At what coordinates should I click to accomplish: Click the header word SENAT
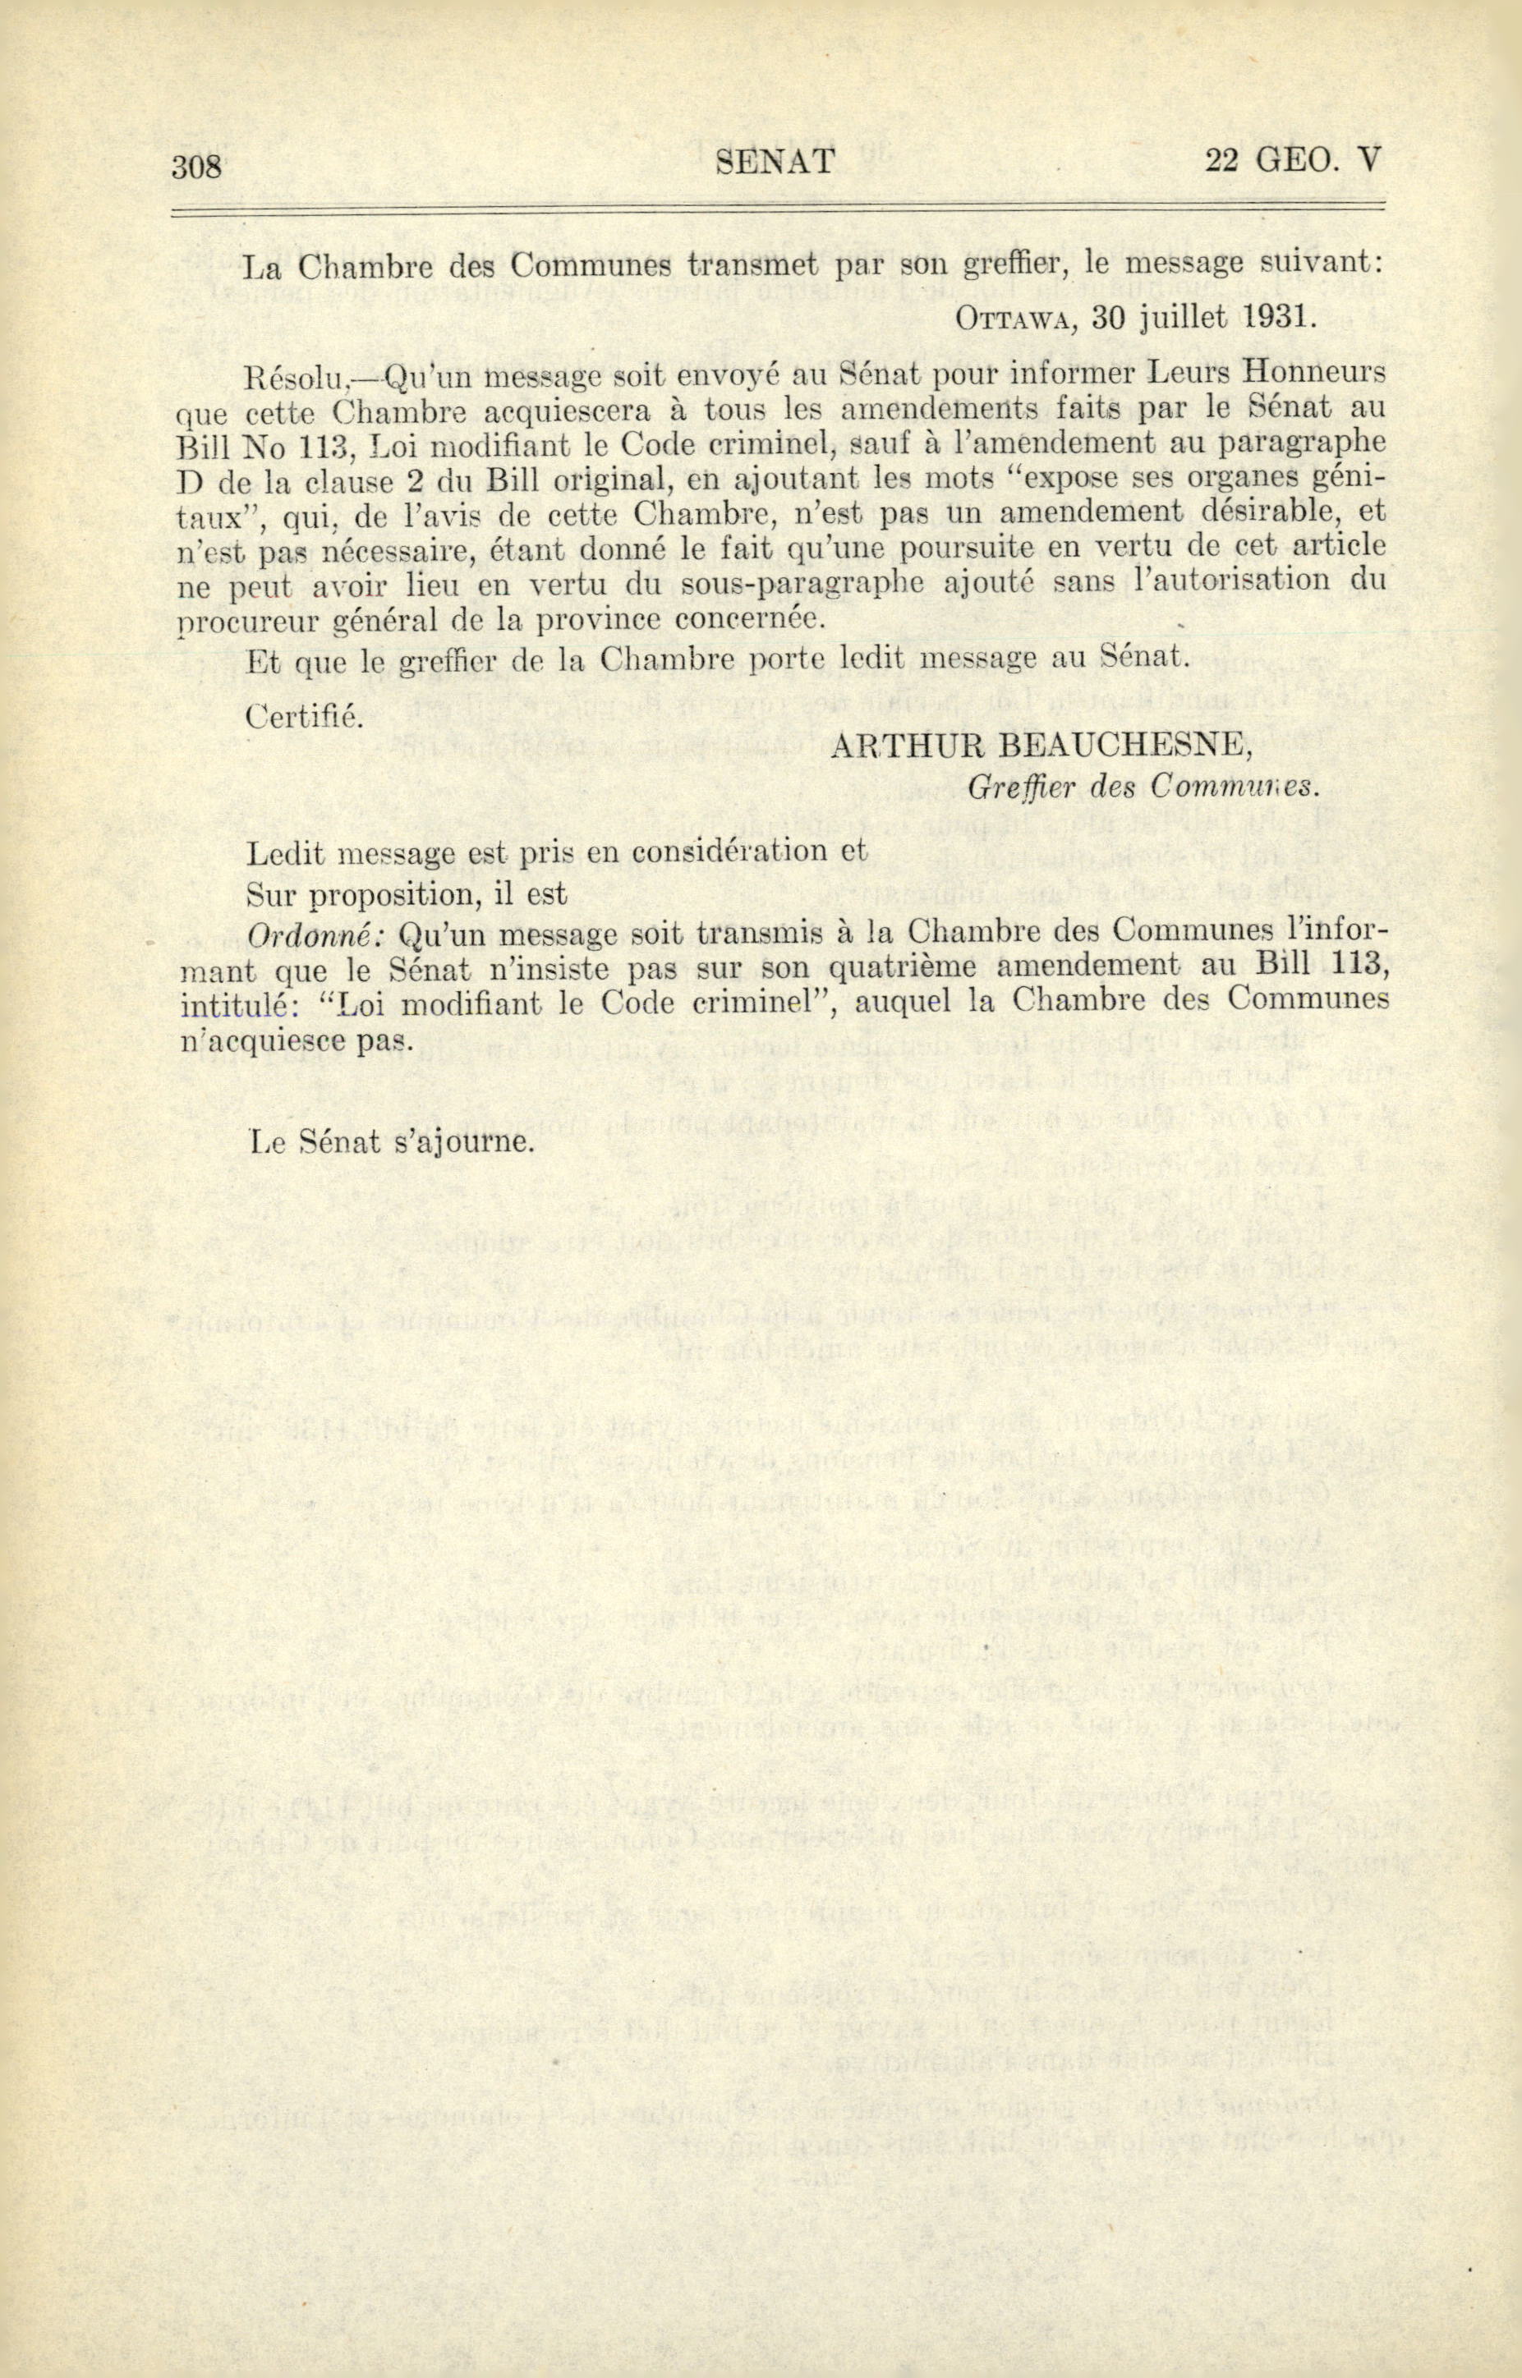pyautogui.click(x=775, y=160)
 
